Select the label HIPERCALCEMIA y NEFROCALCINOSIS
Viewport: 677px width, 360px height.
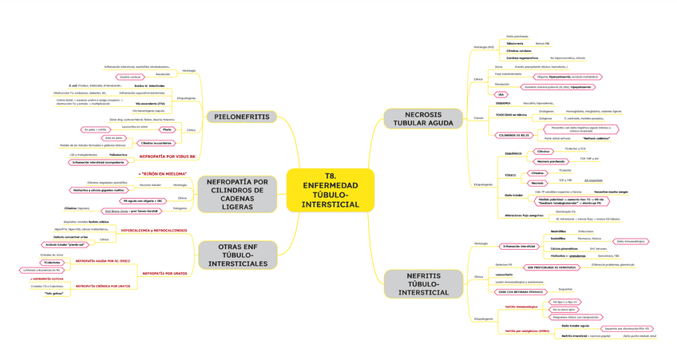tap(153, 230)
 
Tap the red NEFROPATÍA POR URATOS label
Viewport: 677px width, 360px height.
tap(164, 273)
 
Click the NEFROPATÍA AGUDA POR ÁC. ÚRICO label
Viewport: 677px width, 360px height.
tap(103, 260)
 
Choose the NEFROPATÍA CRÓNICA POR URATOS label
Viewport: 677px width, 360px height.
tap(103, 285)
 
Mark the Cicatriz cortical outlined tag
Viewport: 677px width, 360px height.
tap(141, 77)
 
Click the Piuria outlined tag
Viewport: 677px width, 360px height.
tap(166, 129)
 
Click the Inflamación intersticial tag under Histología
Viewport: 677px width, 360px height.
tap(518, 247)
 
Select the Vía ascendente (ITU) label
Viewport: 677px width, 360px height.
tap(151, 104)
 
